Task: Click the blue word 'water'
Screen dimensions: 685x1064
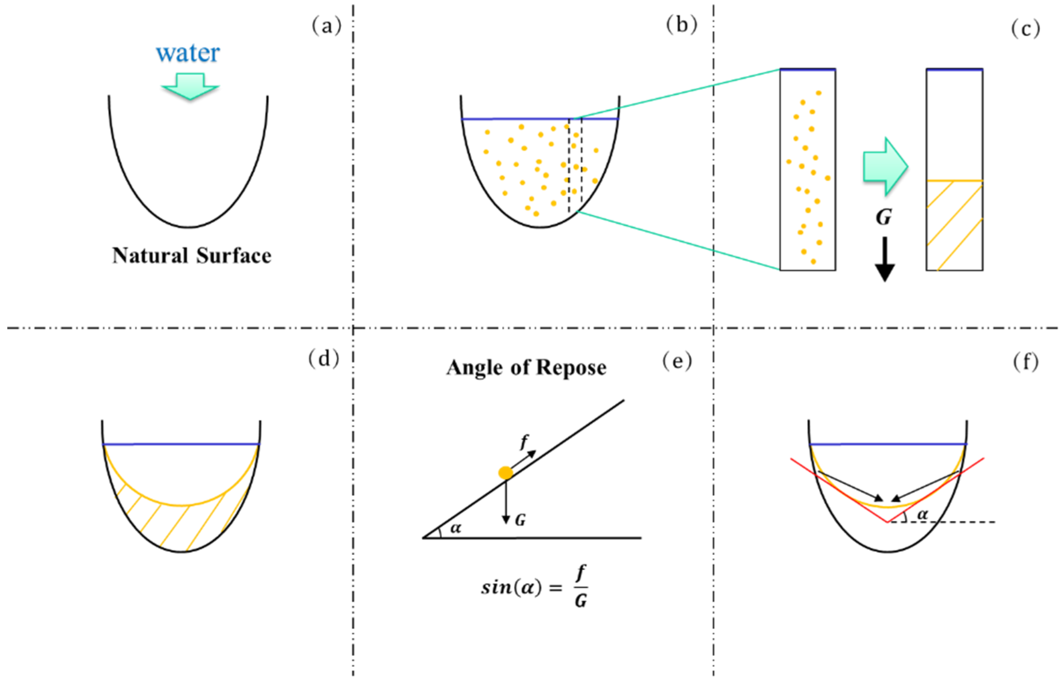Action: (188, 53)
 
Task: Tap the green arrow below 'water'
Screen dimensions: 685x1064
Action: (190, 86)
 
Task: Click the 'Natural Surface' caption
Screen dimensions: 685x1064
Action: (192, 256)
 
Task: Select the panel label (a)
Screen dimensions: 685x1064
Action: (326, 26)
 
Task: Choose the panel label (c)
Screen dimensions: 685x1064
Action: (1026, 29)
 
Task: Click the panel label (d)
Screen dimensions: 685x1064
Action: (324, 358)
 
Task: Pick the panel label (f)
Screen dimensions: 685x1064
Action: (1026, 361)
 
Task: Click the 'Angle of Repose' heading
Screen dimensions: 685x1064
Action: (526, 368)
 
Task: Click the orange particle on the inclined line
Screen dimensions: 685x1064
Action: (506, 473)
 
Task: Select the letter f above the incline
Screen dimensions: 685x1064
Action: (525, 441)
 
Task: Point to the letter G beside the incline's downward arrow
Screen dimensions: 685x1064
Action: (520, 520)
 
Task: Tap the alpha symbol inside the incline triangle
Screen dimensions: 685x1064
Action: (456, 528)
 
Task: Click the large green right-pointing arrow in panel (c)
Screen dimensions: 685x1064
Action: (885, 166)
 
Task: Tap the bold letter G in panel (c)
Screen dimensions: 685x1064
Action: (884, 218)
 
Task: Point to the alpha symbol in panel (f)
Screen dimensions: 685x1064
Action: (923, 515)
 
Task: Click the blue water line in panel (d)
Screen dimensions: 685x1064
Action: (181, 444)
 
